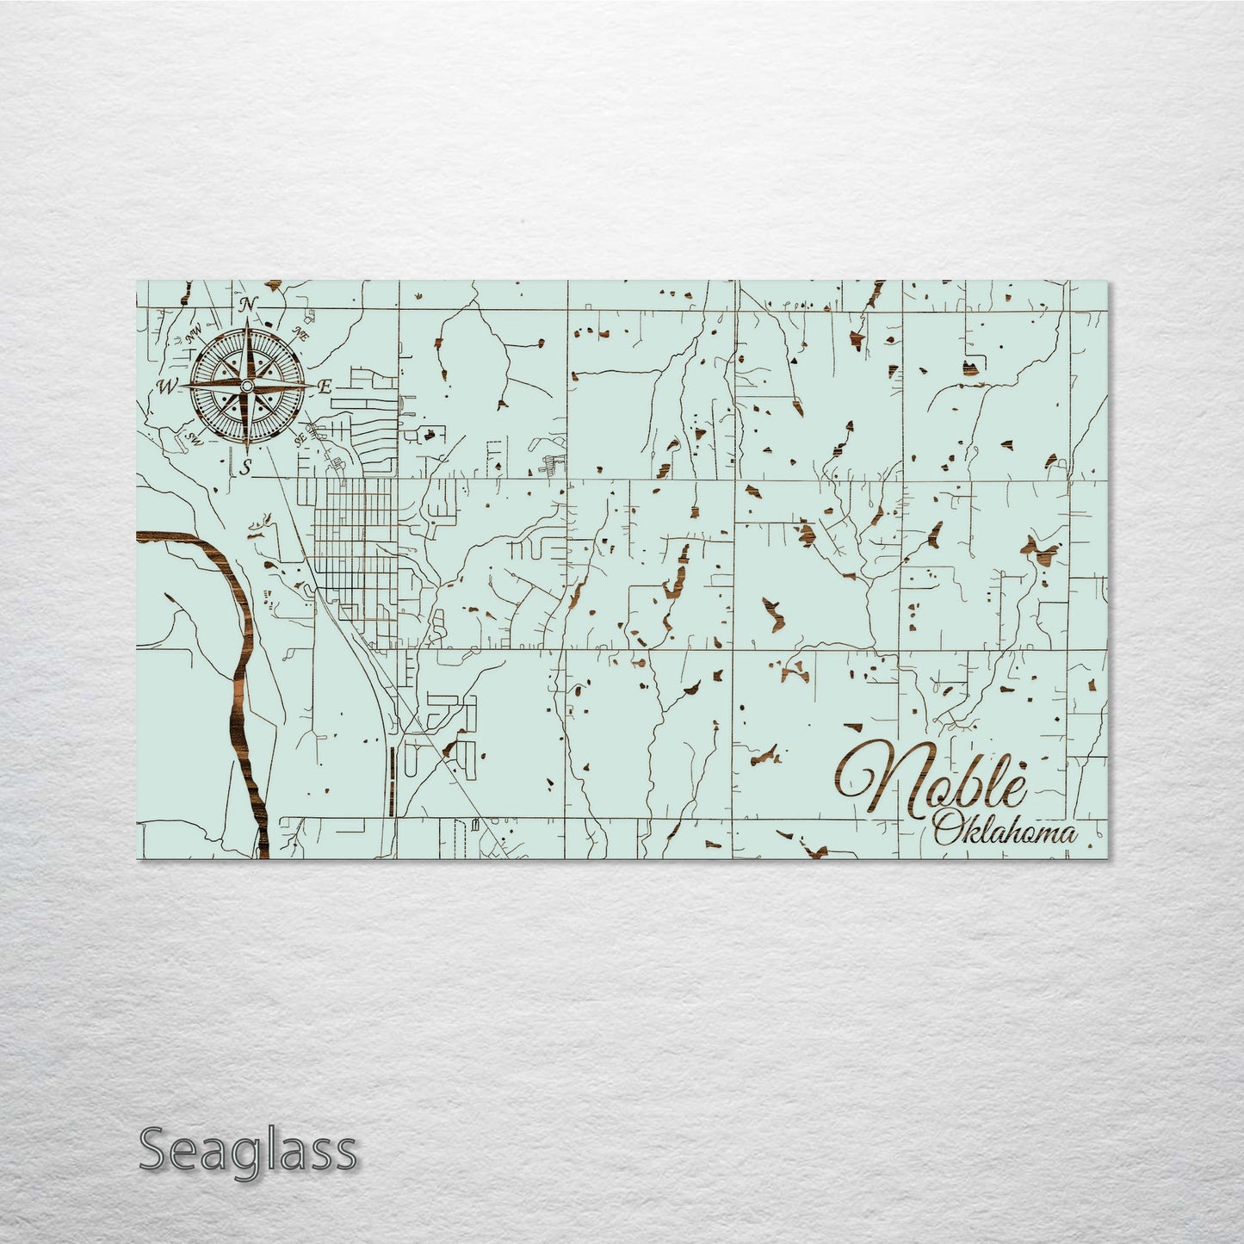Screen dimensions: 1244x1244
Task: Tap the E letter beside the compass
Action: point(325,387)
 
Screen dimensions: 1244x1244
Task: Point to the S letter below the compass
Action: point(245,467)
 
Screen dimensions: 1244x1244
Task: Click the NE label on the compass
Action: point(301,334)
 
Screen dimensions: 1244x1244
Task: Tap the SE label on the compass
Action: point(300,439)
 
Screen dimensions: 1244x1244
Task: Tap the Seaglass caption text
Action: point(248,1150)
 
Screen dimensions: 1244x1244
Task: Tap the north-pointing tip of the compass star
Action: point(249,319)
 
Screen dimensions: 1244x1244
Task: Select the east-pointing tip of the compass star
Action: point(313,385)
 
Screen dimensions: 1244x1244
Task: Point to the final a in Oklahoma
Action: point(1068,834)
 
